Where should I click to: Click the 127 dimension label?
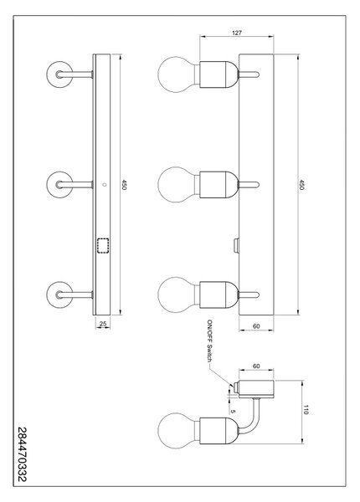coord(237,33)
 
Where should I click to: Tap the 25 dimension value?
coord(103,324)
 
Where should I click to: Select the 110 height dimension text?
coord(306,410)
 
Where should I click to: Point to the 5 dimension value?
coord(233,412)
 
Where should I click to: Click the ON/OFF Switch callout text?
coord(210,341)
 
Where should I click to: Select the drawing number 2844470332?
coord(22,454)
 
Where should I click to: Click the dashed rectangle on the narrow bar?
coord(103,246)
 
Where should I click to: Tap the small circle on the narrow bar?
coord(103,185)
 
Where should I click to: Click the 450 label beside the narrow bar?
coord(124,184)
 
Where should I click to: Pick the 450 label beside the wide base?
coord(301,184)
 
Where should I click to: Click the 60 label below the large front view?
coord(256,326)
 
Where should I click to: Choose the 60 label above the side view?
coord(256,366)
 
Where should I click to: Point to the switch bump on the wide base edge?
coord(237,245)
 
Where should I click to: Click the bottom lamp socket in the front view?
coord(219,295)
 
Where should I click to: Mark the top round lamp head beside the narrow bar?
coord(59,74)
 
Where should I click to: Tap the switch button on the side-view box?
coord(237,387)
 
